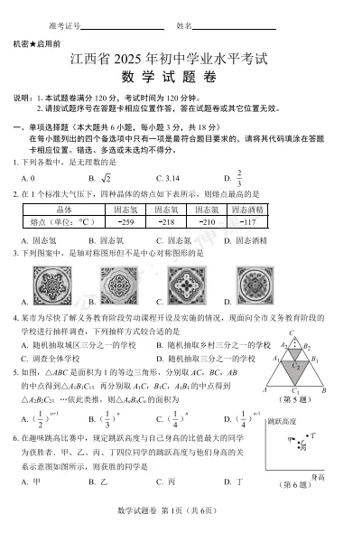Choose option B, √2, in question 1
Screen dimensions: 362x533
point(104,179)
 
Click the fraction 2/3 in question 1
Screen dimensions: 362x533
point(239,178)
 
